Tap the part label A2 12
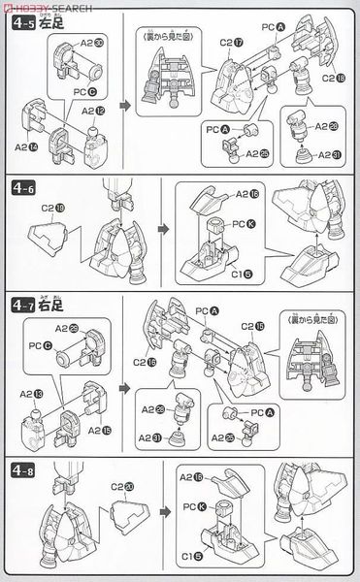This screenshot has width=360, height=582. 94,112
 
